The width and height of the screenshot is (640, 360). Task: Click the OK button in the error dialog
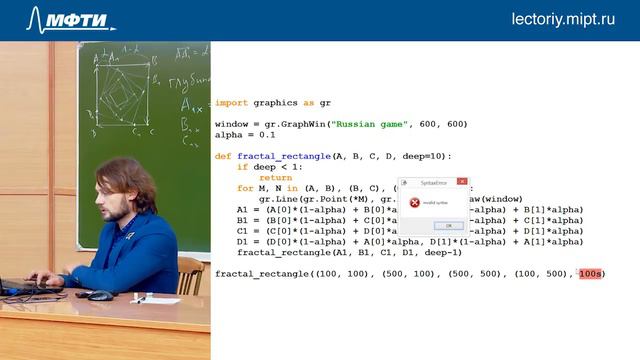[x=448, y=225]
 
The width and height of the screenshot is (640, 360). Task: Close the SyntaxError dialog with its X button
[x=462, y=182]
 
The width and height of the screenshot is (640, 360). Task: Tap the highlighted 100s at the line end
[x=590, y=273]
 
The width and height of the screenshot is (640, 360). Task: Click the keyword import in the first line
[x=231, y=103]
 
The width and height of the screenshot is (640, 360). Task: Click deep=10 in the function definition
[x=427, y=156]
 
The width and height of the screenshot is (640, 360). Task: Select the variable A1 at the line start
[x=243, y=209]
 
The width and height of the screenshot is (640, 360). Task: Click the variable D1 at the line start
[x=243, y=241]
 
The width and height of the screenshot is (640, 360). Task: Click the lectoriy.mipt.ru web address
[x=563, y=19]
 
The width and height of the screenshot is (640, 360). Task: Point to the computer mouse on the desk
[x=100, y=296]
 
